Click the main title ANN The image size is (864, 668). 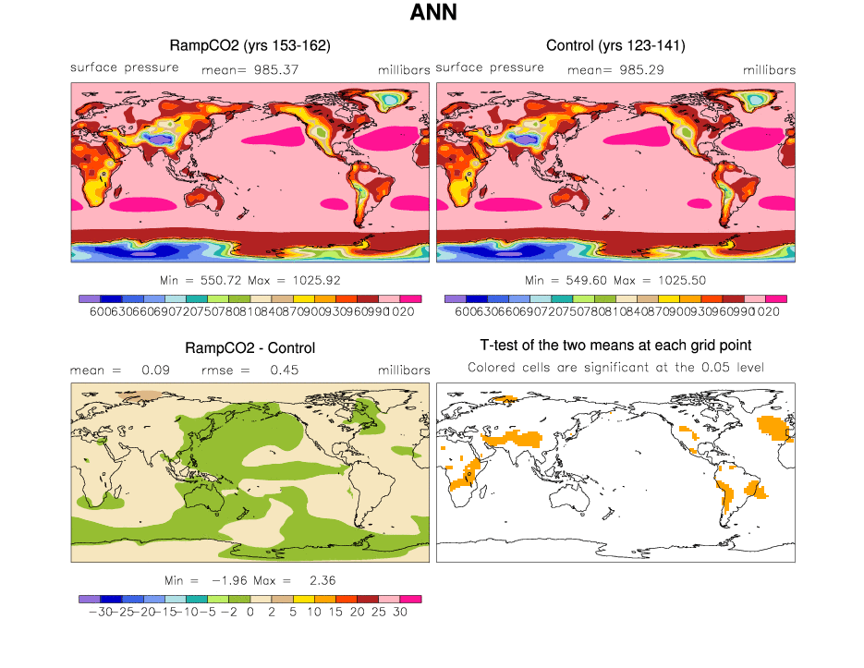[x=432, y=14]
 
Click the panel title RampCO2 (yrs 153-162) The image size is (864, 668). [x=250, y=45]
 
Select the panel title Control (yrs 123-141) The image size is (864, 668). [x=615, y=45]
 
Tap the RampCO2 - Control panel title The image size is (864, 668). [x=250, y=348]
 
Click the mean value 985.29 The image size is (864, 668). [x=639, y=69]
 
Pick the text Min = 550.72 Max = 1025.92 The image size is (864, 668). [x=250, y=280]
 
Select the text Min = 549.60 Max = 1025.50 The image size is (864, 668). [x=615, y=280]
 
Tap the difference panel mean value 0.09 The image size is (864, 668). [x=153, y=370]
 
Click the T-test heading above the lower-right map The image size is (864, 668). [x=615, y=346]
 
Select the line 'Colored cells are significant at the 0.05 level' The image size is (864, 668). [x=615, y=368]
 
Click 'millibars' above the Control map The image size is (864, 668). [x=769, y=69]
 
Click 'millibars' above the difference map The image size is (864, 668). [x=404, y=370]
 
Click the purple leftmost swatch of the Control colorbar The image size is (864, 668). [x=455, y=298]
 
